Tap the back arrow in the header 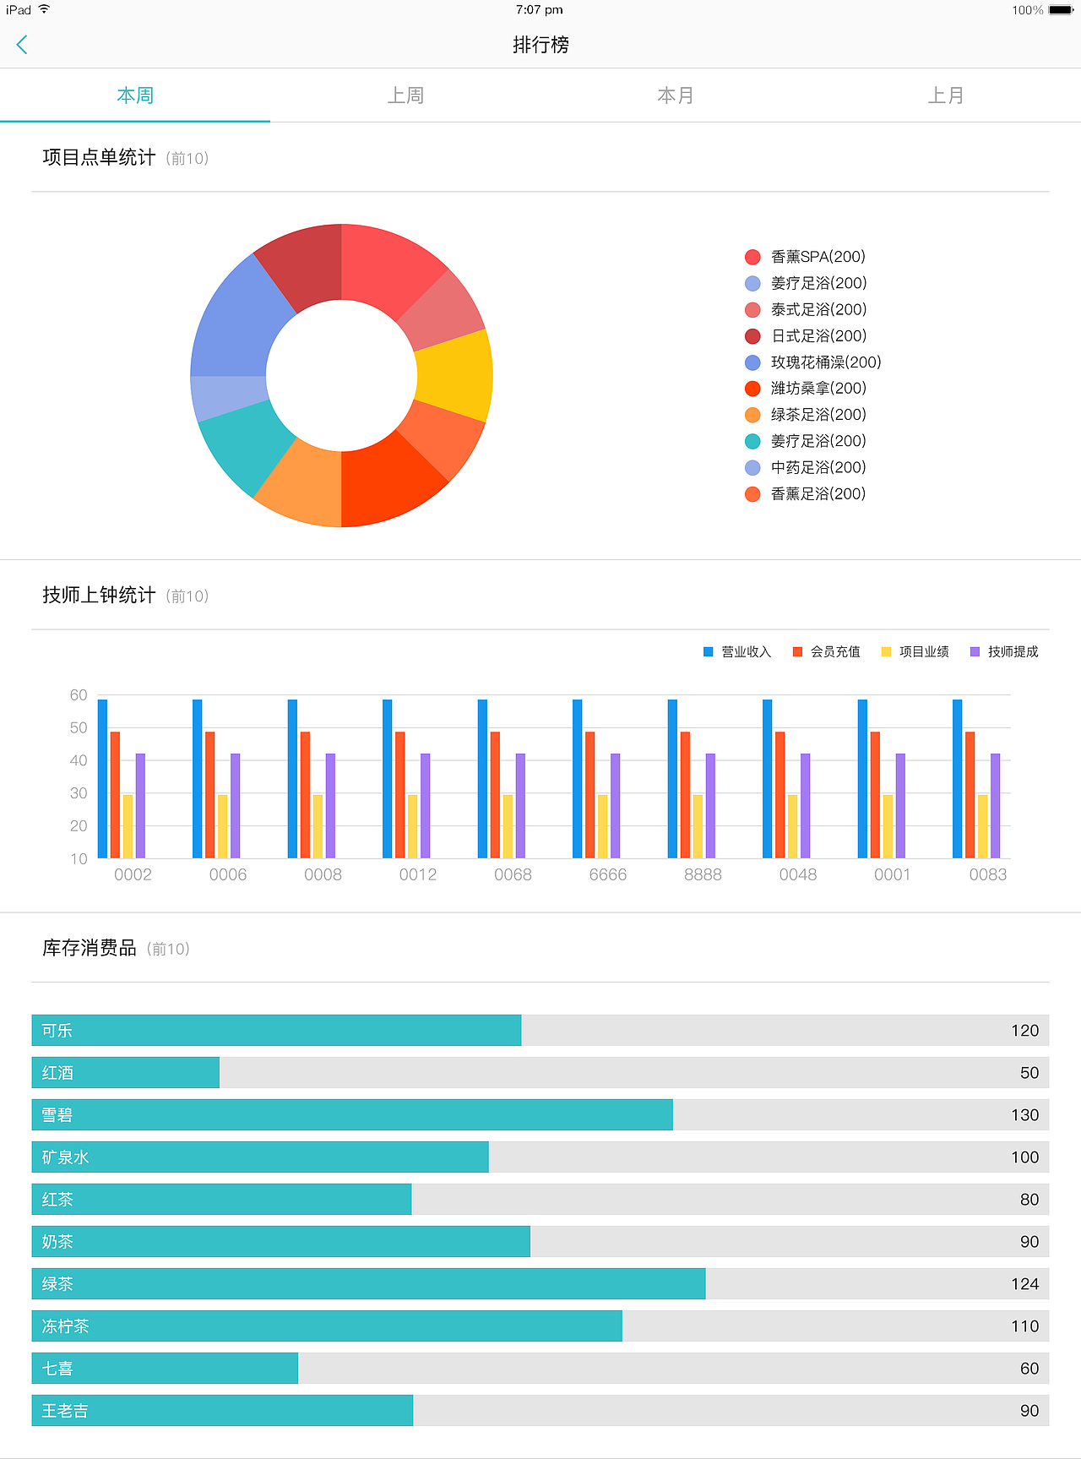click(x=23, y=45)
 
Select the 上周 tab click(x=405, y=95)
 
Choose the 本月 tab click(x=676, y=95)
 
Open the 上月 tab click(x=946, y=95)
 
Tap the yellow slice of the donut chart click(x=454, y=374)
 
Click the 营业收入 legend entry click(x=737, y=651)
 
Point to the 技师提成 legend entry click(x=1004, y=651)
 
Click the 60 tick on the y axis click(x=79, y=695)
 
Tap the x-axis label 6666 click(x=608, y=874)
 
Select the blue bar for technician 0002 click(x=103, y=778)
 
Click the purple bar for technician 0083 click(x=995, y=805)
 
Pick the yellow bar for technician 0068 click(x=508, y=825)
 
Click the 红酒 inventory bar click(x=126, y=1072)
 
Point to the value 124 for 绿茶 click(x=1024, y=1284)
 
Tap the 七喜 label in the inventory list click(x=57, y=1369)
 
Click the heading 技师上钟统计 click(x=99, y=595)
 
